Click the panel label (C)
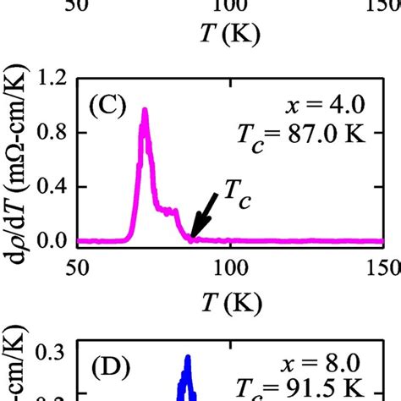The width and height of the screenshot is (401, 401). tap(108, 108)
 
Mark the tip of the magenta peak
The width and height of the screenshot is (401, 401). tap(145, 110)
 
